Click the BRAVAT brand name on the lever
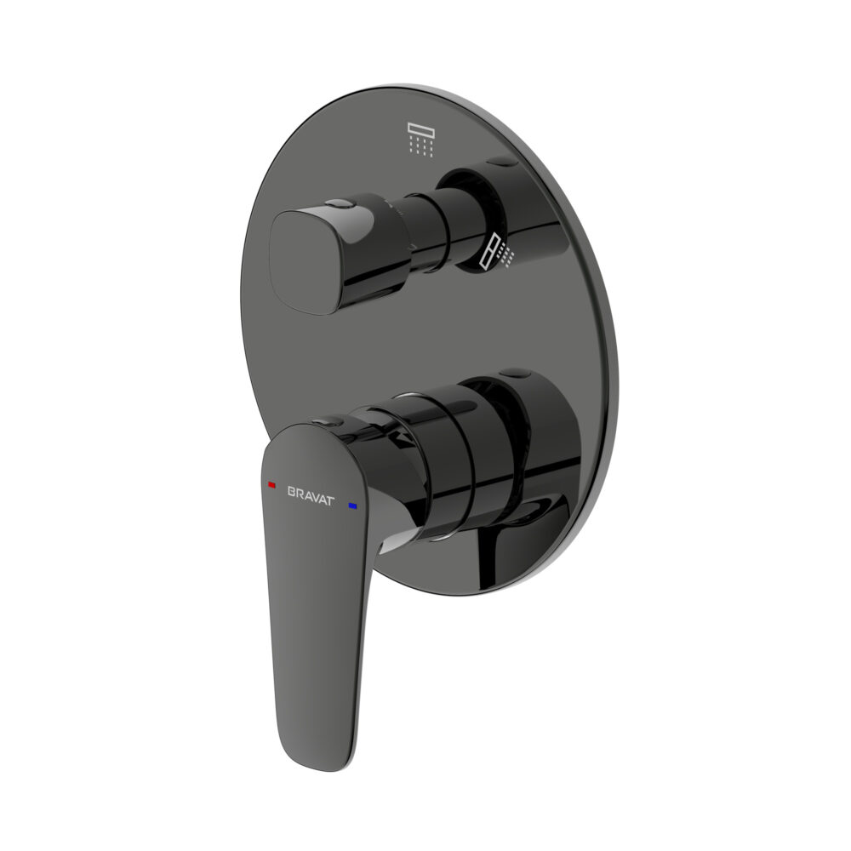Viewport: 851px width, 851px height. click(x=311, y=495)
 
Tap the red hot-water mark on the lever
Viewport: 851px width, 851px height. click(x=272, y=484)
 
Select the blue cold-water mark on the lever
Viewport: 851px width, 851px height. click(x=353, y=506)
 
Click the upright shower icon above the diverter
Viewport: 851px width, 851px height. click(x=421, y=140)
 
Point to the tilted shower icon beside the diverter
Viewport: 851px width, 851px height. click(x=497, y=251)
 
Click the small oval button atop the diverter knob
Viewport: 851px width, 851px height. click(x=340, y=204)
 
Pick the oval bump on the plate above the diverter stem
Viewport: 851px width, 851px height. click(x=503, y=162)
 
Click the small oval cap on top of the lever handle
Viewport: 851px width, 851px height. click(x=328, y=421)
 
